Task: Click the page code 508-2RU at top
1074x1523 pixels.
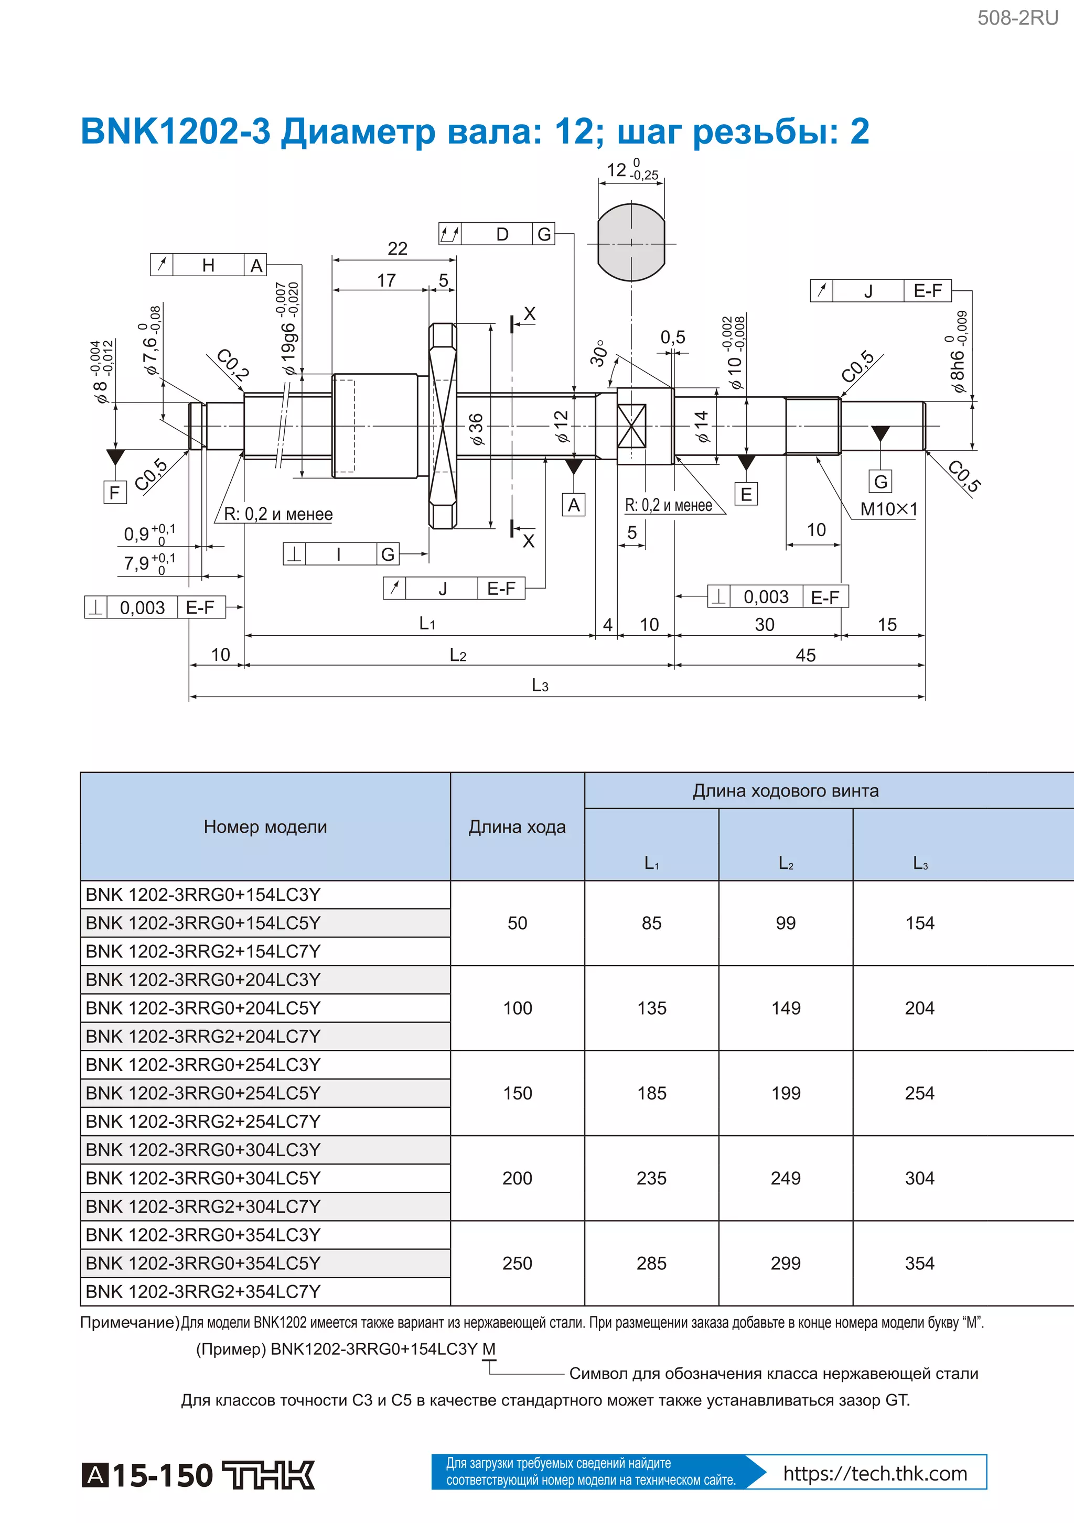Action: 1017,18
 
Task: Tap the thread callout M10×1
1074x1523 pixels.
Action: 888,509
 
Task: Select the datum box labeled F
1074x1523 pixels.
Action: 115,492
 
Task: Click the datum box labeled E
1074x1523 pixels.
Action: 746,494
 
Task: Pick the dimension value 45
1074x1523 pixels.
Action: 805,655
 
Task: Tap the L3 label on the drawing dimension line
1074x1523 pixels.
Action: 540,685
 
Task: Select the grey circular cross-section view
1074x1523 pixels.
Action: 630,243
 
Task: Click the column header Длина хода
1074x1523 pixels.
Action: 517,826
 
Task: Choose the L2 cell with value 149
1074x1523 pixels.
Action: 785,1008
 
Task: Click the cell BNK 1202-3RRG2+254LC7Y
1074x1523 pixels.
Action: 203,1121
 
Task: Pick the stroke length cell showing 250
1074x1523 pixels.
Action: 517,1263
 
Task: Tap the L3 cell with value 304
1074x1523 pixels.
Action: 919,1178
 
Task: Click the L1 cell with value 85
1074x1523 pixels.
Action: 651,923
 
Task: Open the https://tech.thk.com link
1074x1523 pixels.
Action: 875,1473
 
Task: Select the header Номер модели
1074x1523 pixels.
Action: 265,826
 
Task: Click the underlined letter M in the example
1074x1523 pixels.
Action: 489,1348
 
